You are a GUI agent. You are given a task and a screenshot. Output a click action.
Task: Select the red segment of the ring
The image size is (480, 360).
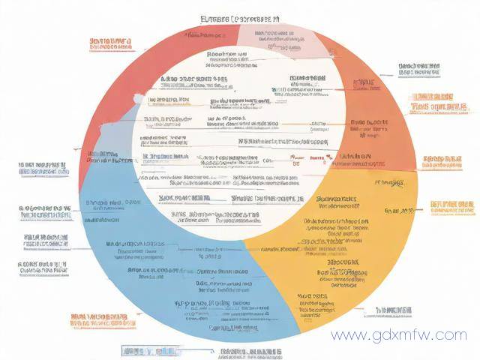(112, 112)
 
